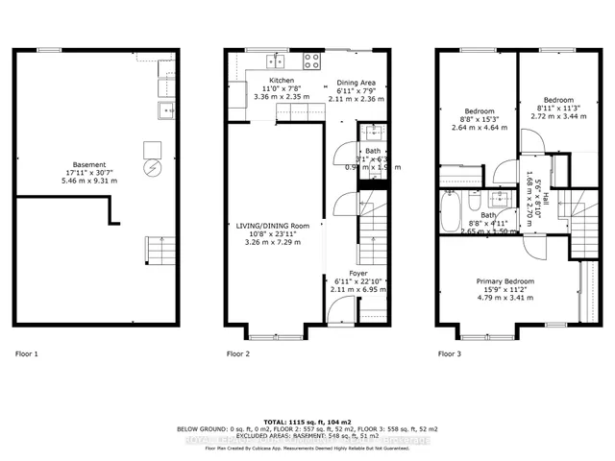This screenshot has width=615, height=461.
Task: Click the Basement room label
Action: point(95,164)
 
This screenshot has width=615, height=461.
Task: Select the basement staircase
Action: point(159,252)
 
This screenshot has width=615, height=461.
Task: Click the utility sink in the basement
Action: point(165,108)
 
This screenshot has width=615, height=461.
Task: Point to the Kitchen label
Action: point(281,80)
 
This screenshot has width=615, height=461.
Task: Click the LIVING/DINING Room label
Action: point(267,226)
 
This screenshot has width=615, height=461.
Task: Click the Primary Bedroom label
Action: point(505,281)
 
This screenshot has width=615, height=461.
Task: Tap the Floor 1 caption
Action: point(27,354)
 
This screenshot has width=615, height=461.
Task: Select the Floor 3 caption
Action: point(450,354)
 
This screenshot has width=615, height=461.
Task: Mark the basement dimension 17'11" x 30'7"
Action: point(95,173)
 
